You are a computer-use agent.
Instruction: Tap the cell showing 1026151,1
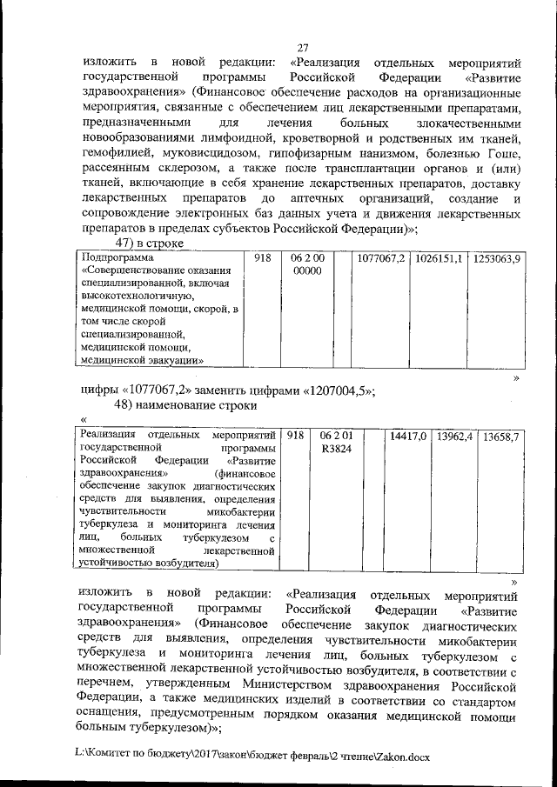pos(439,260)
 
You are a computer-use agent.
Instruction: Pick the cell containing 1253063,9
pos(495,260)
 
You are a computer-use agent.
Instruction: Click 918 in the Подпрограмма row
pos(264,260)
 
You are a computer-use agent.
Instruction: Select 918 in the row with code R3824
pos(295,436)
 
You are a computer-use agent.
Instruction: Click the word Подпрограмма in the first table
pos(116,259)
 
